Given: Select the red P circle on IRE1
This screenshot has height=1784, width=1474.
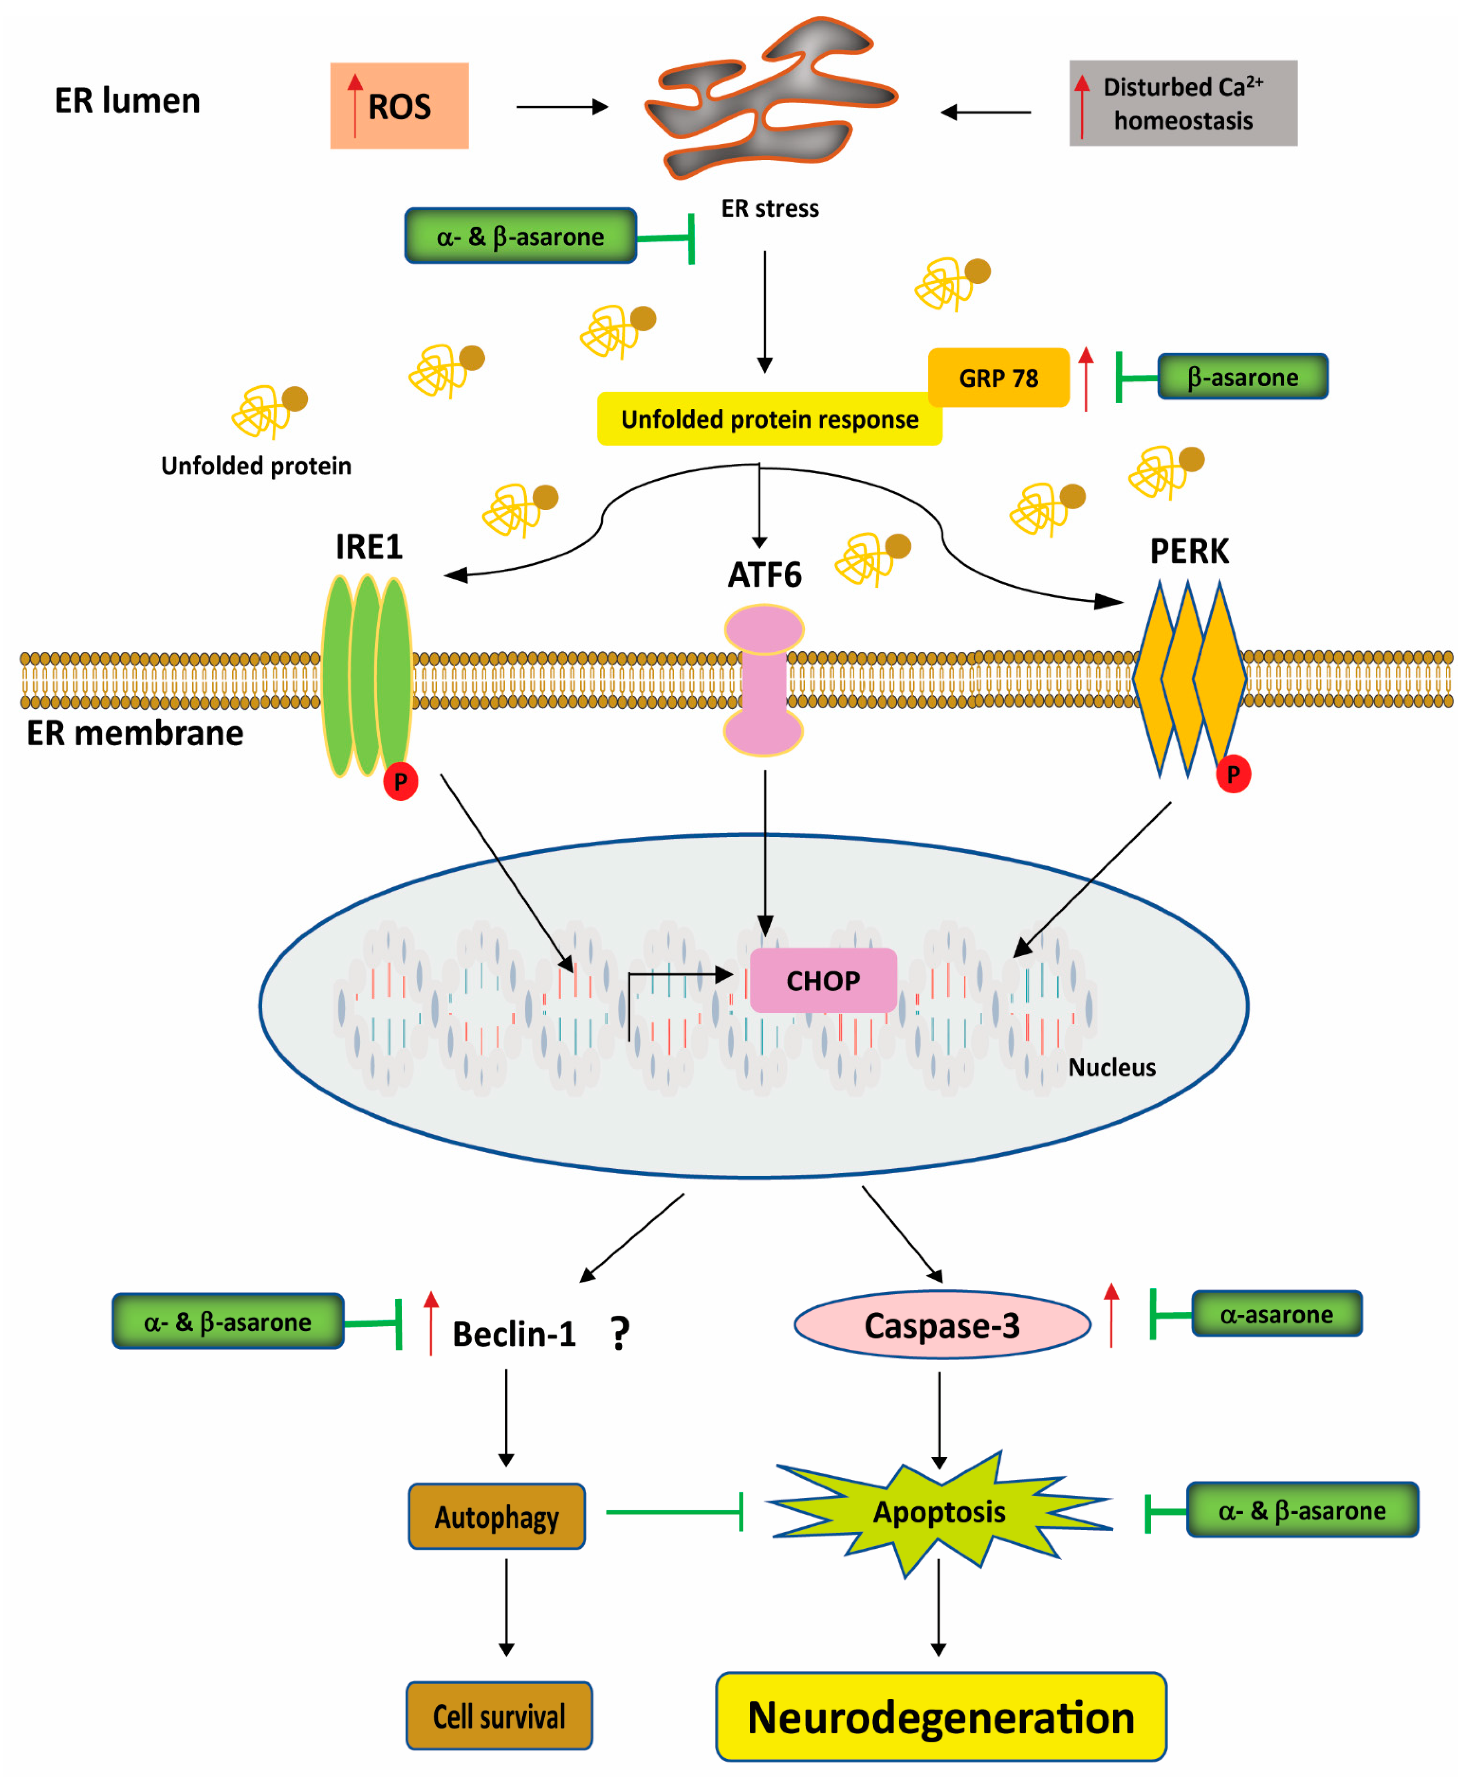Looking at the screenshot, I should point(400,781).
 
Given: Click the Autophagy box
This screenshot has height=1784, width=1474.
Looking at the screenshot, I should point(497,1517).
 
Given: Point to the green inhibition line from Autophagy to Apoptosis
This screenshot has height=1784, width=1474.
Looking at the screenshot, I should point(675,1512).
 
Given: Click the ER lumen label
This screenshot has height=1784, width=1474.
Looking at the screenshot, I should point(128,100).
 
